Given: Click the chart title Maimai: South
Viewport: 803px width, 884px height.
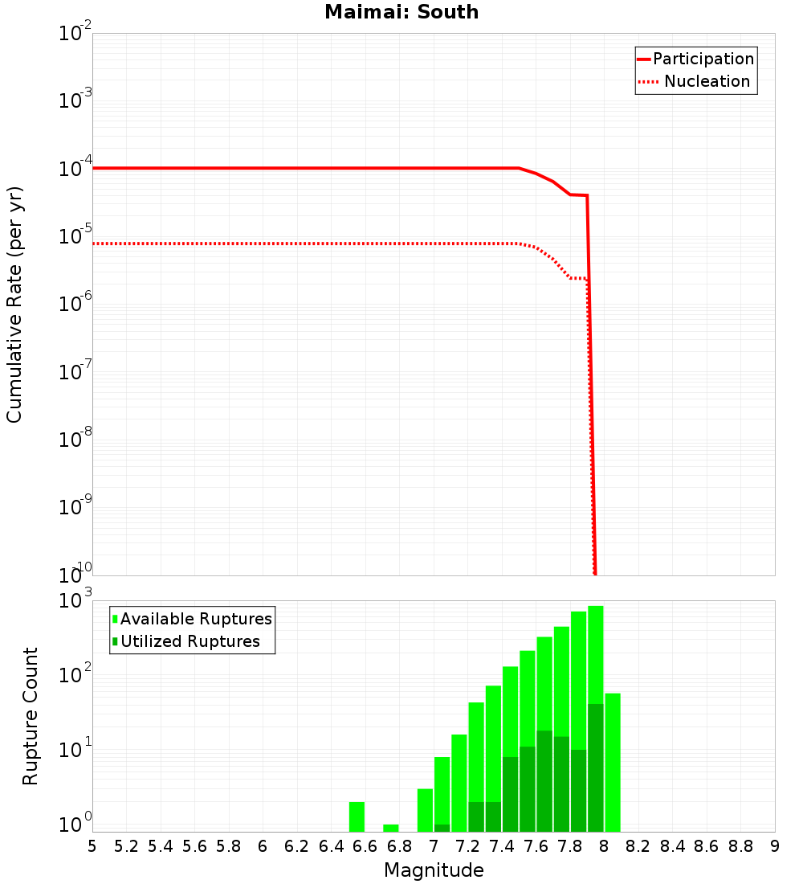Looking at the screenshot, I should (x=401, y=12).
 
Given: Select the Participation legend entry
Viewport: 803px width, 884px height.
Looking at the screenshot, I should (x=703, y=59).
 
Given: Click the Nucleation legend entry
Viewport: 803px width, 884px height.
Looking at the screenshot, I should (x=707, y=81).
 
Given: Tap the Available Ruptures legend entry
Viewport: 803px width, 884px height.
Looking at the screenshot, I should (x=196, y=619).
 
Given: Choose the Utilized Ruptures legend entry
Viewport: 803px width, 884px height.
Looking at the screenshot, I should (x=190, y=641).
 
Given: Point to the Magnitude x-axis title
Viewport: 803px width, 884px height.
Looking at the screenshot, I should (x=434, y=870).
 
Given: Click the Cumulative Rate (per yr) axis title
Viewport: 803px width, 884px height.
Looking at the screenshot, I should (x=14, y=305).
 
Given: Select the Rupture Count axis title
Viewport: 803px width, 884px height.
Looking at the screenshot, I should (x=31, y=716).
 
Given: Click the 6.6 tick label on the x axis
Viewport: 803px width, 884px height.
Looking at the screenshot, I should (x=365, y=846).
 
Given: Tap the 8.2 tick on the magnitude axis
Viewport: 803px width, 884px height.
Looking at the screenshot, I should (x=638, y=846).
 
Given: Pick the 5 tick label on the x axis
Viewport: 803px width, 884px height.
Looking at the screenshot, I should (x=92, y=846).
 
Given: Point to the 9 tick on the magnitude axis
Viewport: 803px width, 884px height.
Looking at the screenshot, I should (x=774, y=846).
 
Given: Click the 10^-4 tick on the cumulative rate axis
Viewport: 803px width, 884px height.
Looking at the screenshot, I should (x=76, y=169).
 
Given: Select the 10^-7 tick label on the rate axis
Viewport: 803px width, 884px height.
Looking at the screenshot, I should (x=76, y=372).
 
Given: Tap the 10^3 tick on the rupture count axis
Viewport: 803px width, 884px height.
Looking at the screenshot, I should (x=76, y=601).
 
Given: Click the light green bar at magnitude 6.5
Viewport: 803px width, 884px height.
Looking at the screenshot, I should (x=357, y=816).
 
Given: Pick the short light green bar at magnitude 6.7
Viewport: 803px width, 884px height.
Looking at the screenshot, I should (x=391, y=828).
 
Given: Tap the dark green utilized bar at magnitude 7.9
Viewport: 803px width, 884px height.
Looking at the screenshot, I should (x=596, y=767).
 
